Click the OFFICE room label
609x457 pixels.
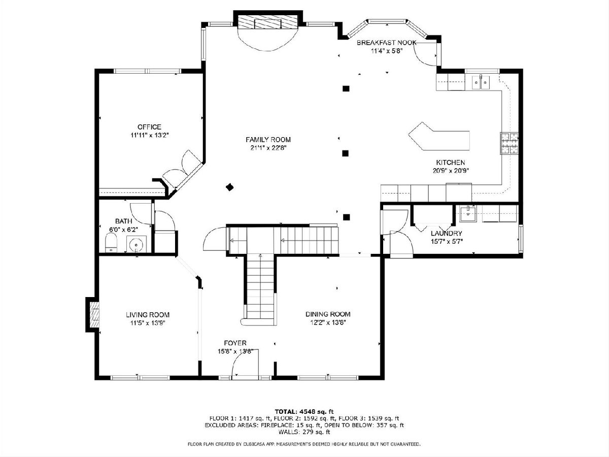(149, 127)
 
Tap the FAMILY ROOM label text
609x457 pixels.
(268, 140)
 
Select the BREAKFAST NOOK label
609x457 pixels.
(387, 43)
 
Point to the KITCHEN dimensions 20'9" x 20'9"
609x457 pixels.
(451, 171)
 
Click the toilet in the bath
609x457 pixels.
(111, 243)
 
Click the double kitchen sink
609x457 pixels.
(481, 82)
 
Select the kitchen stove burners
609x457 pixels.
(510, 143)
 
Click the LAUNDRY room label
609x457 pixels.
(447, 234)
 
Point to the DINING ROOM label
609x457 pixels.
(328, 314)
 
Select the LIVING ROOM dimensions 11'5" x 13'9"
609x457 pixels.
(148, 323)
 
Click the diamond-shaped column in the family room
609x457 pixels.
(229, 187)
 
